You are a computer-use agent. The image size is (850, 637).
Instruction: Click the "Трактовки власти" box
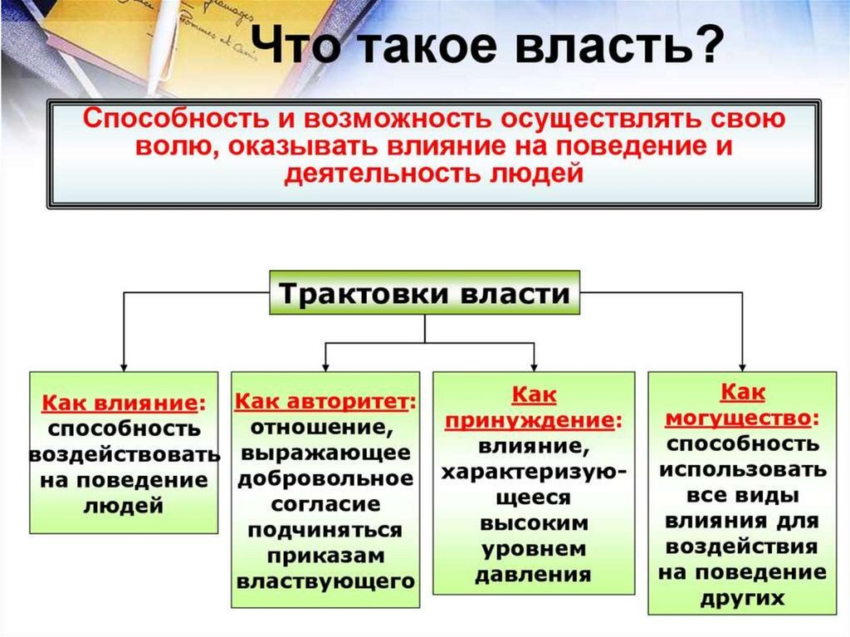pyautogui.click(x=424, y=293)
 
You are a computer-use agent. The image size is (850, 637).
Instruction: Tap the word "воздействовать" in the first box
pyautogui.click(x=125, y=455)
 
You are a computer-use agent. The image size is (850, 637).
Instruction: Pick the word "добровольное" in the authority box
pyautogui.click(x=324, y=479)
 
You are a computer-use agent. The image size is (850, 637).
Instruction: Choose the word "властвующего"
pyautogui.click(x=325, y=581)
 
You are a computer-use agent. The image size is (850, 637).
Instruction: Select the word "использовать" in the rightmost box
pyautogui.click(x=742, y=469)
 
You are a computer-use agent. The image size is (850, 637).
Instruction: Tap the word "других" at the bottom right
pyautogui.click(x=742, y=598)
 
